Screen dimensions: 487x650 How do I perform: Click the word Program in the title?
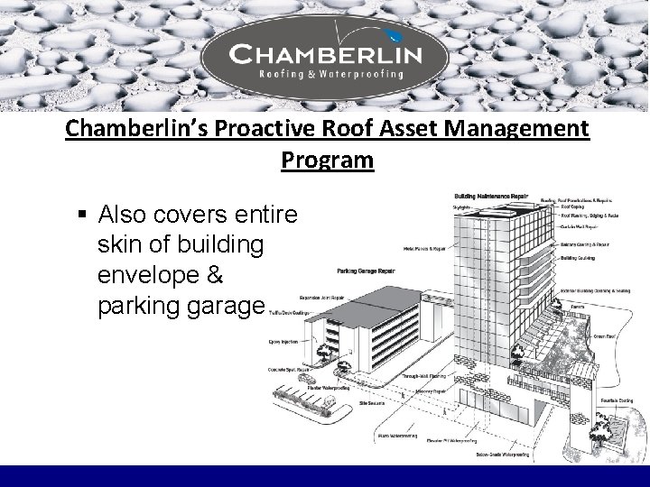tap(327, 160)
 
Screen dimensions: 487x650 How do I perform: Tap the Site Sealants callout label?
tap(373, 403)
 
